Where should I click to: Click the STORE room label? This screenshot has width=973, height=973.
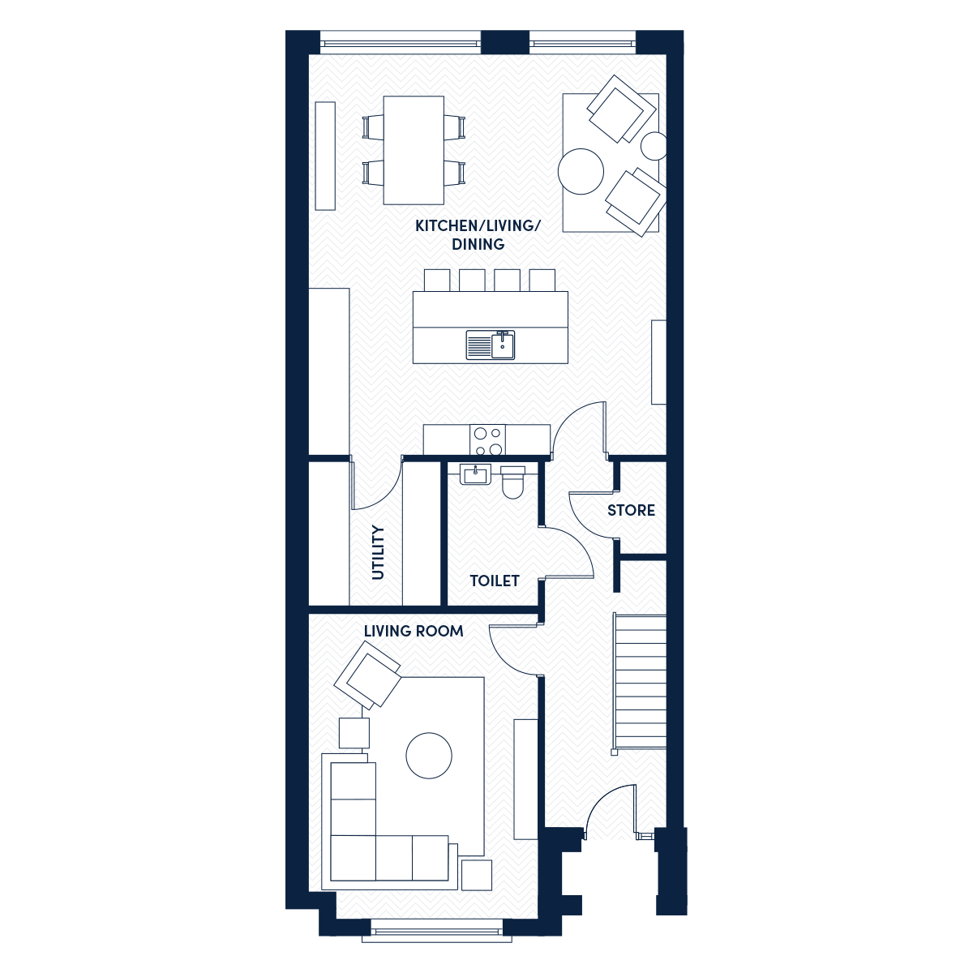point(631,510)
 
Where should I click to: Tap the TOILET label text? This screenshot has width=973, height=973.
point(495,581)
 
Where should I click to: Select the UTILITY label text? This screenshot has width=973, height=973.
point(378,552)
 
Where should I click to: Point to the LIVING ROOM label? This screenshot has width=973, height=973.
point(413,631)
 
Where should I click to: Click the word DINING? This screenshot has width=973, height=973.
point(478,244)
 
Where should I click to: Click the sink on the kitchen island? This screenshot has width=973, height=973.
point(491,345)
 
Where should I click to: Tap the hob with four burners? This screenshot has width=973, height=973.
point(487,440)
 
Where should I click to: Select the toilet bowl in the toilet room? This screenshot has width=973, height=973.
point(512,482)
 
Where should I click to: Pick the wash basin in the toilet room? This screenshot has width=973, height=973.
point(475,474)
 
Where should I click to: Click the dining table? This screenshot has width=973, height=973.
point(414,151)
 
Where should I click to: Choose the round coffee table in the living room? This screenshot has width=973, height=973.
point(429,756)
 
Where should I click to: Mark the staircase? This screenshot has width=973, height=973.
point(640,684)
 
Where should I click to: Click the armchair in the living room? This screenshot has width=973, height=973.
point(368,675)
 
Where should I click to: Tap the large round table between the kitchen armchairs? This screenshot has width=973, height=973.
point(581,171)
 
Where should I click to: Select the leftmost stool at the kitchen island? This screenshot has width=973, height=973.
point(437,281)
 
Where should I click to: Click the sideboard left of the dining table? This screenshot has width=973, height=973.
point(325,156)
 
